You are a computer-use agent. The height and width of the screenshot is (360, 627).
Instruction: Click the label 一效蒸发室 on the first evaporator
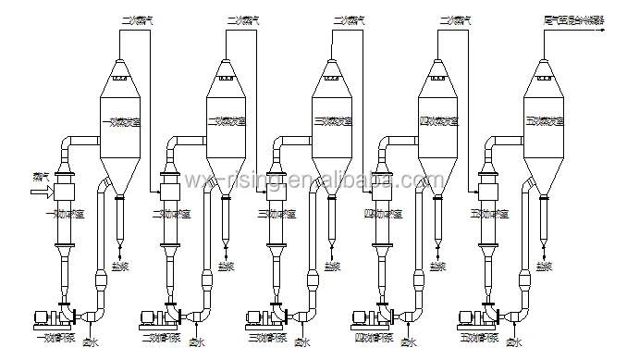118,121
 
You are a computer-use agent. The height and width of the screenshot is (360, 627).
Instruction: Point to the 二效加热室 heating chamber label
172,213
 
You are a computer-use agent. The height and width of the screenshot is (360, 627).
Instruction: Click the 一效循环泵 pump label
57,338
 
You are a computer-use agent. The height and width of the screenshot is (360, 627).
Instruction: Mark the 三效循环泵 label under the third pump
269,338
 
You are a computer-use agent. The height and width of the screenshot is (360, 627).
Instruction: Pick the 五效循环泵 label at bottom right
481,338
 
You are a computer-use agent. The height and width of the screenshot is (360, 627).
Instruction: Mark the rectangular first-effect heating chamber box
64,192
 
